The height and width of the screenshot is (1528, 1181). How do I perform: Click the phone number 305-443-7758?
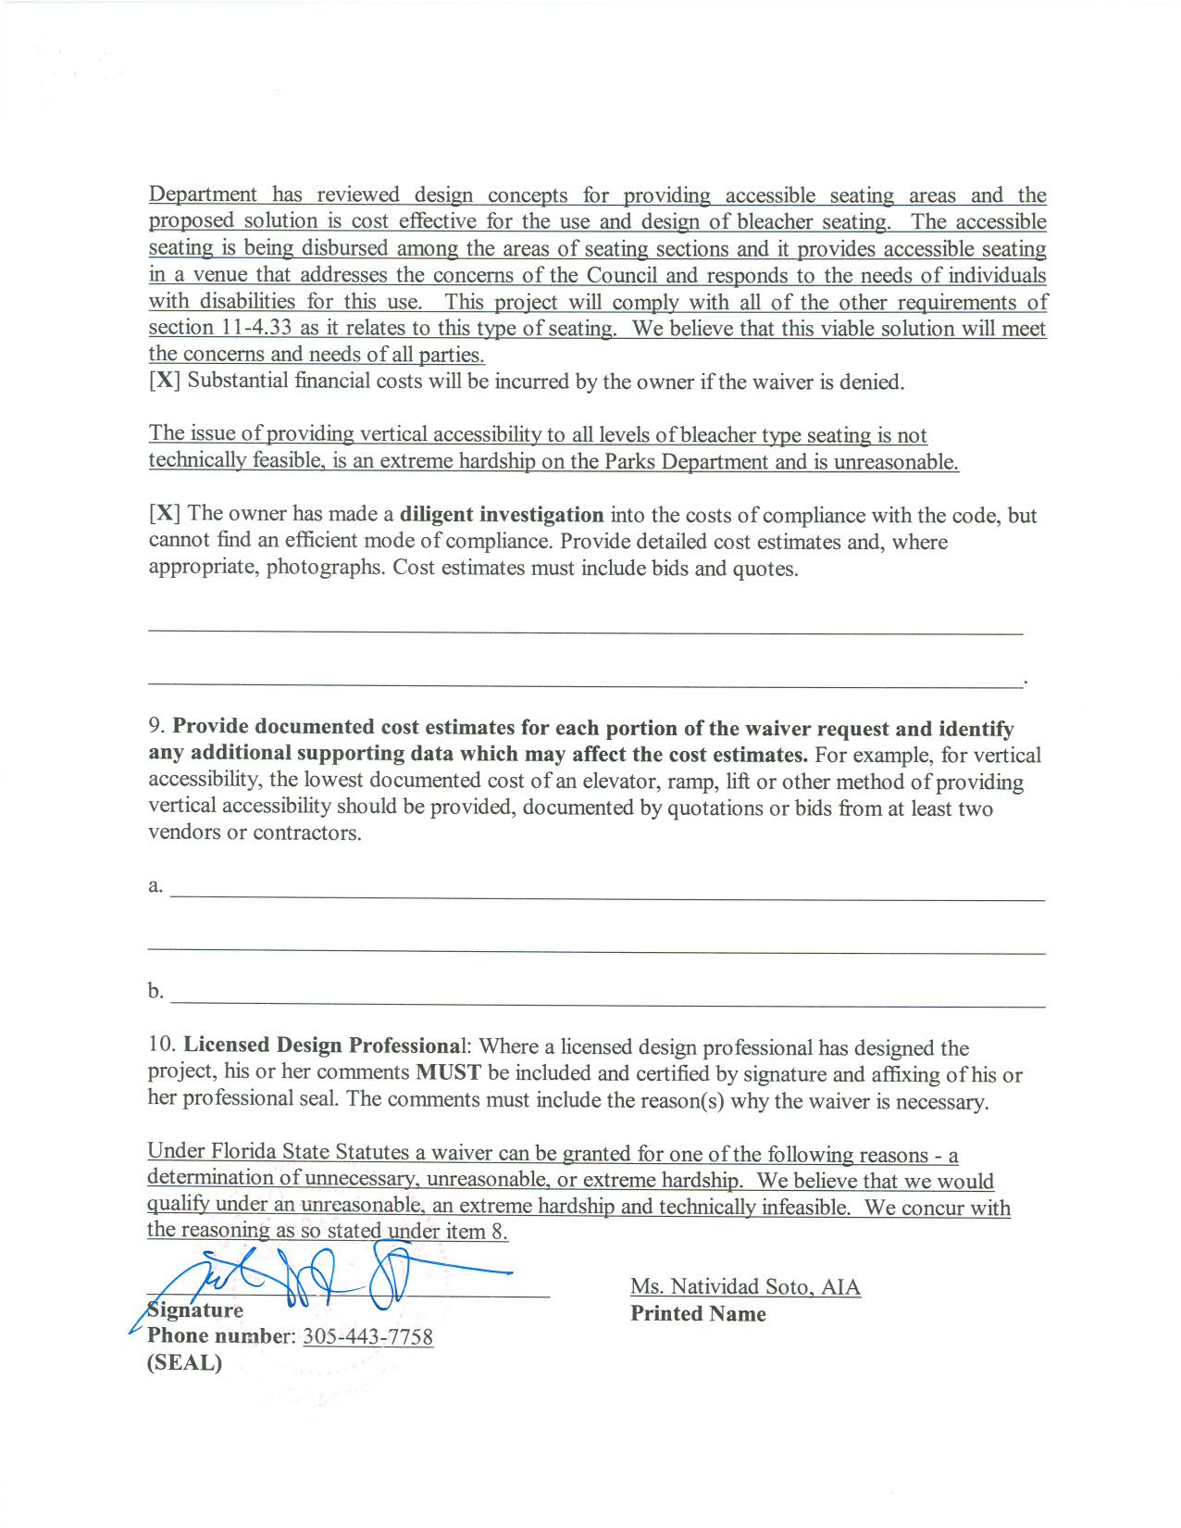coord(367,1337)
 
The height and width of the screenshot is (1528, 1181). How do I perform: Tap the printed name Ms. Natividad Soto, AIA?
coord(745,1286)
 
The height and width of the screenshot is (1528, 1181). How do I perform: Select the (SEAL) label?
coord(184,1363)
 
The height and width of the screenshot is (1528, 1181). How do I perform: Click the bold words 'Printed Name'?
coord(698,1313)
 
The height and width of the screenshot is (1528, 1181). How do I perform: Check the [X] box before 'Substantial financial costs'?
coord(164,382)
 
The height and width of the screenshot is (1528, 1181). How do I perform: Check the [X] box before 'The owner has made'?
coord(164,514)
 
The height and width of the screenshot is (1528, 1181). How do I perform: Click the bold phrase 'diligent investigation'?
coord(501,514)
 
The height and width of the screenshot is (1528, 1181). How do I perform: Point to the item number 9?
coord(155,727)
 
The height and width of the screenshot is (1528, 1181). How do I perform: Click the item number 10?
coord(161,1045)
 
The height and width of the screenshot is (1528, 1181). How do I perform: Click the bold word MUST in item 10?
coord(448,1072)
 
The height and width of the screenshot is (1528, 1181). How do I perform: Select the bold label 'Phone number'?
coord(218,1336)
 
